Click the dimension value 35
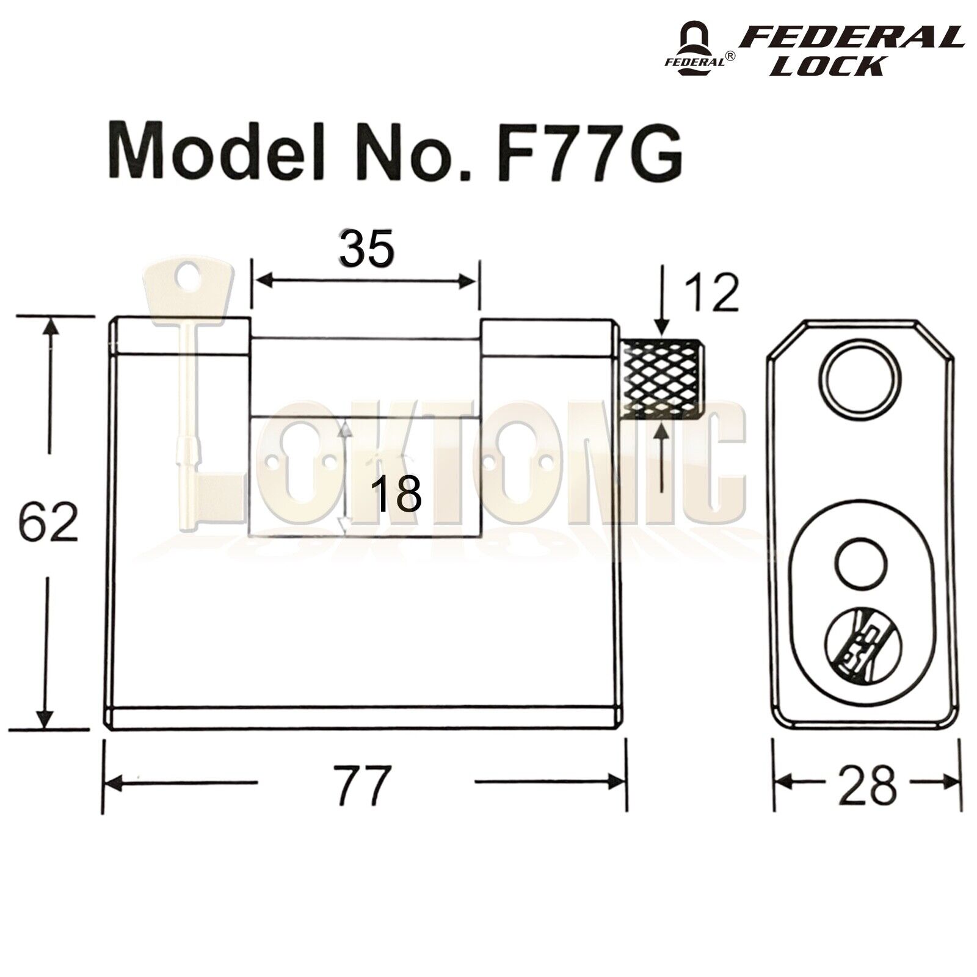(x=366, y=249)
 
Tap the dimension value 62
(x=49, y=522)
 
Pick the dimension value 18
(x=396, y=495)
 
